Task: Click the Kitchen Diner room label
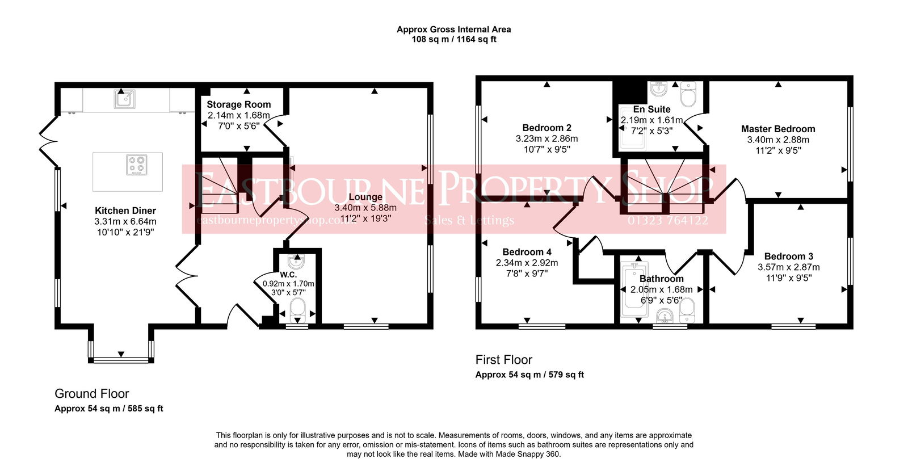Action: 125,211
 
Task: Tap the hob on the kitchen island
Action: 137,165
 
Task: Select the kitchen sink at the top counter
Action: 124,99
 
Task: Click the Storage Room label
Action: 238,104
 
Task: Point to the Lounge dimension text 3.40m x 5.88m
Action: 365,208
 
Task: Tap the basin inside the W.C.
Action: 296,262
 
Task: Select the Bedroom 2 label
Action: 547,128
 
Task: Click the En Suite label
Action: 651,109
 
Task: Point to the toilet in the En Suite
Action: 688,95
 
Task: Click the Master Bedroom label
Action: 777,129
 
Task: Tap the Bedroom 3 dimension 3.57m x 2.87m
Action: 788,267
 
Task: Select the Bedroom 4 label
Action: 527,252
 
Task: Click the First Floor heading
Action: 503,360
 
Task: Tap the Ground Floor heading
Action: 92,394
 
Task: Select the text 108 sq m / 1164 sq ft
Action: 453,39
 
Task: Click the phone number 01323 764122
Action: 667,220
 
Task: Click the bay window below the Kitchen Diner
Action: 121,359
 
